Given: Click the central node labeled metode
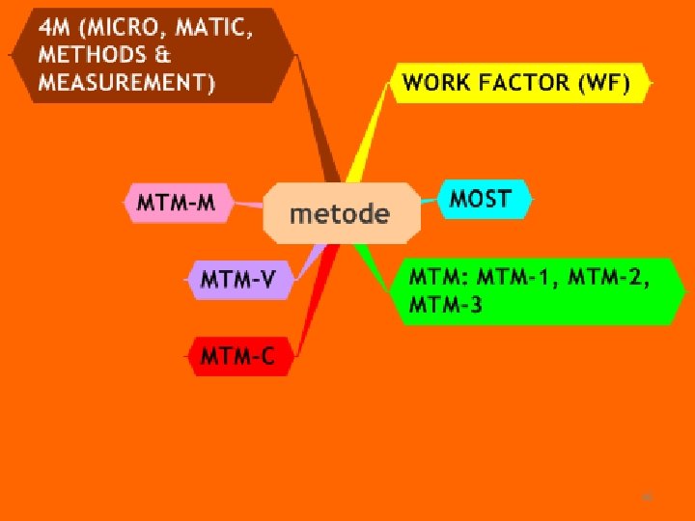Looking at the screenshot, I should tap(341, 212).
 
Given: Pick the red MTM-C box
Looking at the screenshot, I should tap(236, 357).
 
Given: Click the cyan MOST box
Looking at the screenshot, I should tap(480, 200).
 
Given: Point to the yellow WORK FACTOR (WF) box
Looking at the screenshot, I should tap(516, 83).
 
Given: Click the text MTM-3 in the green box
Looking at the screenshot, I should tap(445, 305).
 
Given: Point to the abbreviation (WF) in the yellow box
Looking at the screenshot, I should tap(603, 83).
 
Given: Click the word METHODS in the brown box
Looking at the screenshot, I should tap(92, 55).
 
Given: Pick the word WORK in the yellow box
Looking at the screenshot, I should tap(437, 83).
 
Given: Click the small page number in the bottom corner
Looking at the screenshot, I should tap(648, 497).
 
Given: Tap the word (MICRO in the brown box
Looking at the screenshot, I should tap(125, 27).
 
